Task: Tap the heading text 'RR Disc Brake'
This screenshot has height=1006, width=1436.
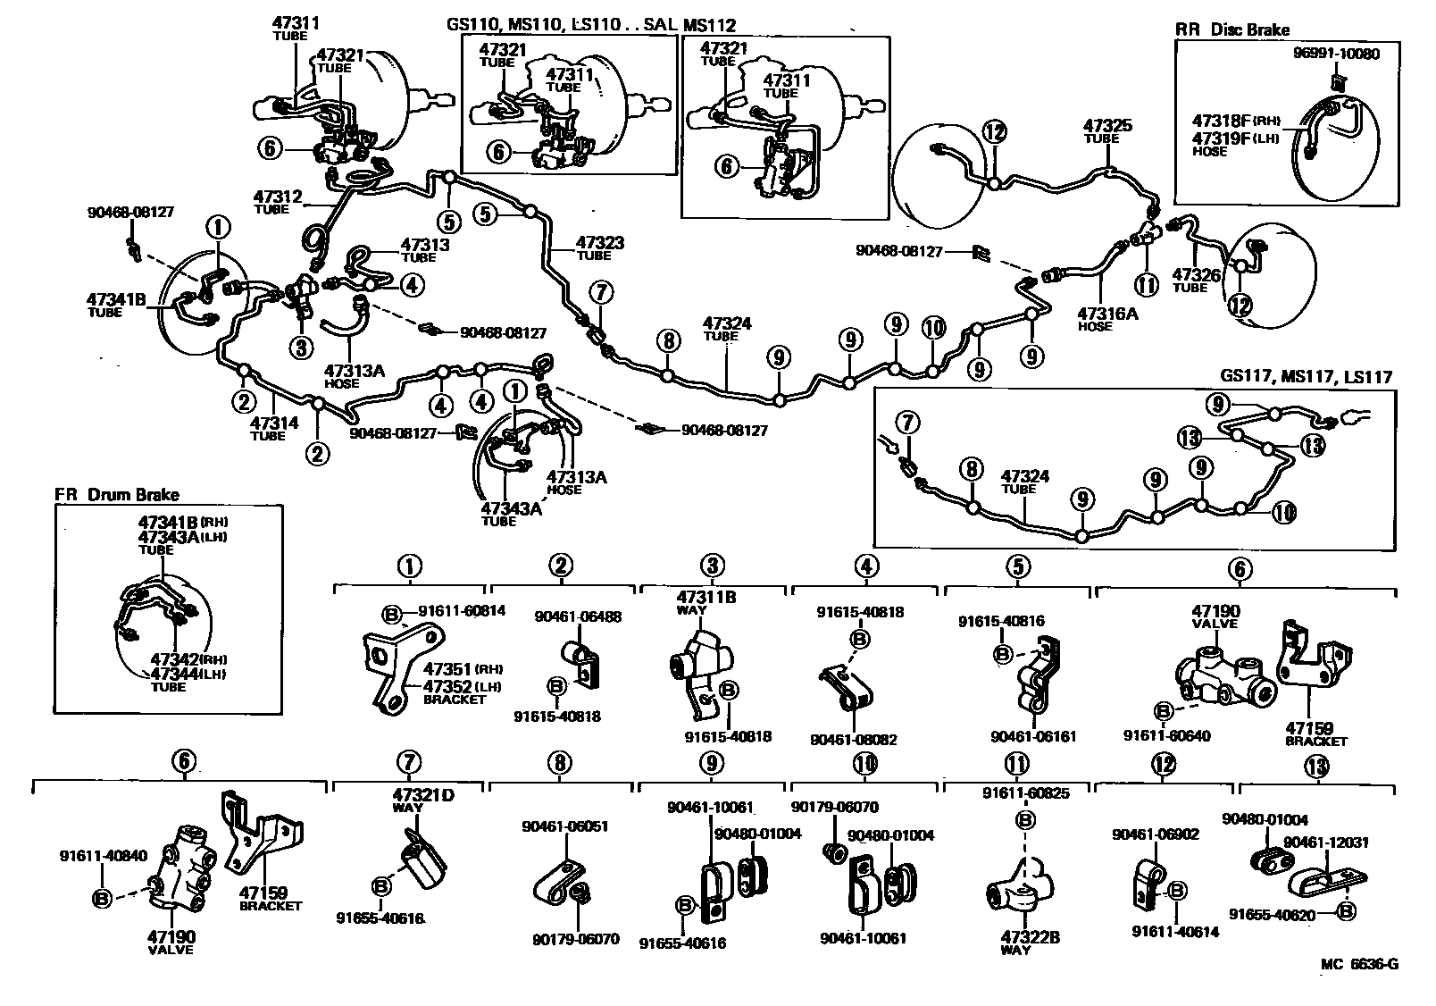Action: click(x=1231, y=29)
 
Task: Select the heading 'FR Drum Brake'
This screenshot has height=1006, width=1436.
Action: click(x=117, y=494)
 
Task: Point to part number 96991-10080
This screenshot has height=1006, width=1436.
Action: click(x=1335, y=54)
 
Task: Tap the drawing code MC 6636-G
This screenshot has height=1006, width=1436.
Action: click(x=1360, y=964)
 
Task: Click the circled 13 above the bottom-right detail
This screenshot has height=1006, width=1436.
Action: click(x=1315, y=766)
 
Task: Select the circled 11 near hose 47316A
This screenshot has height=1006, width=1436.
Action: click(x=1146, y=285)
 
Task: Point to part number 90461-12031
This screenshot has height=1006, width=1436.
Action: click(x=1325, y=842)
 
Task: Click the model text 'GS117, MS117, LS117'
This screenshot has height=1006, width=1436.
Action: click(x=1306, y=378)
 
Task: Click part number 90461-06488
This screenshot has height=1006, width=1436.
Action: click(x=578, y=616)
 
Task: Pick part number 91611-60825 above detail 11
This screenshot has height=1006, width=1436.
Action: click(x=1025, y=792)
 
